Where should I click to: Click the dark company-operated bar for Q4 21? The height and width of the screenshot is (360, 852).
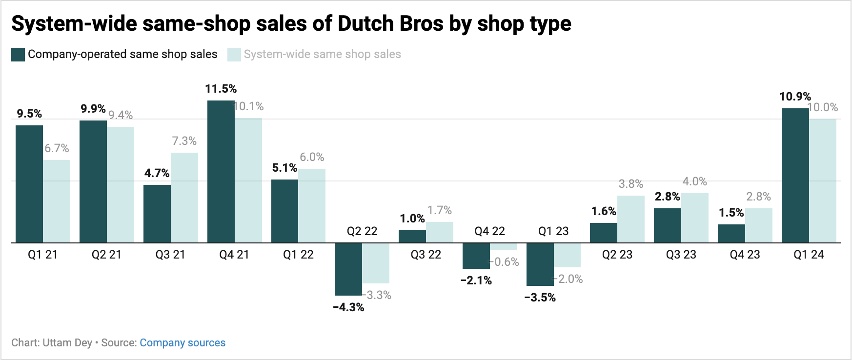coord(221,171)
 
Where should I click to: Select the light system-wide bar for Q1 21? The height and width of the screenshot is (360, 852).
coord(57,201)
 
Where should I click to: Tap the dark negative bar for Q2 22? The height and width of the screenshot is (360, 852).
coord(348,269)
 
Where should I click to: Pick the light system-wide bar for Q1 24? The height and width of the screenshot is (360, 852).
coord(823,180)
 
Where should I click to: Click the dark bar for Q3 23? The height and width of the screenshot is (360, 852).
coord(667,225)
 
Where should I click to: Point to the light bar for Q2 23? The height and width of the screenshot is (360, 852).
coord(630,219)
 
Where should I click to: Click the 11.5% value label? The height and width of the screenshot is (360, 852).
coord(221,89)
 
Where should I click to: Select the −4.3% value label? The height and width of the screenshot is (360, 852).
coord(348,307)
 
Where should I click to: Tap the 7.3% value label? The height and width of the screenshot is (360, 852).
coord(184,141)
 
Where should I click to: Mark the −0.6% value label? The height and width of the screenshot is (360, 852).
coord(505,262)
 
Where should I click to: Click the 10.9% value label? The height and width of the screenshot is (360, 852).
coord(795,97)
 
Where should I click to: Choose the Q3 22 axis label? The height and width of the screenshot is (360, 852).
coord(426,255)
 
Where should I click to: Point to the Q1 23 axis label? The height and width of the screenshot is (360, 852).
coord(553,231)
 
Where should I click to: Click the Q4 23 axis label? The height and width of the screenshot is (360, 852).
coord(745,255)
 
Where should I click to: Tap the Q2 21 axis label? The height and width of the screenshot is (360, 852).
coord(106,255)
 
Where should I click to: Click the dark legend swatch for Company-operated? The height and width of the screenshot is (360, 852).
coord(18,55)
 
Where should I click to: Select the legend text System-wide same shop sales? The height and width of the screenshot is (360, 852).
coord(322,54)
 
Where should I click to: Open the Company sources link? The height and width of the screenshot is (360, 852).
coord(183,343)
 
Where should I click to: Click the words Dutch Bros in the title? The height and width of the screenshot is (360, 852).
coord(390,23)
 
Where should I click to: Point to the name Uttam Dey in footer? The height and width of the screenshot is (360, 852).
coord(67,343)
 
